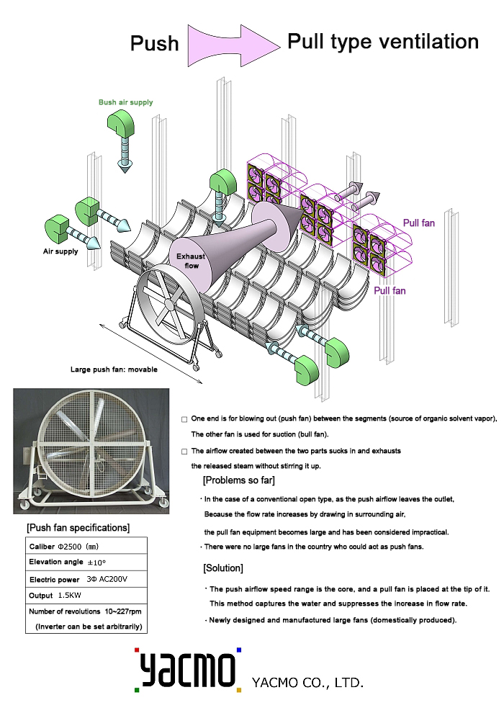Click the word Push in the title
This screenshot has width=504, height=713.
154,44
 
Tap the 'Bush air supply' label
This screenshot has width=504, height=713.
126,102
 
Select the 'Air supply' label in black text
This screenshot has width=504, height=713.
59,253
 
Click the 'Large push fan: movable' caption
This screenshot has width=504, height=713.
114,369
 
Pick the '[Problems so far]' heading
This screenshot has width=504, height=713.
238,480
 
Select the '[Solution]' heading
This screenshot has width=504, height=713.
223,568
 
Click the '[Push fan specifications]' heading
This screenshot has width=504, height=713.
78,528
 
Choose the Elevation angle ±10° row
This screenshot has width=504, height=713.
68,562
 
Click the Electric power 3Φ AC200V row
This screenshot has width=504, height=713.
78,579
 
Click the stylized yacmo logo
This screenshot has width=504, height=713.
187,671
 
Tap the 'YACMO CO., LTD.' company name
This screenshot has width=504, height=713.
307,681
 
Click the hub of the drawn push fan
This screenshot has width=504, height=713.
168,304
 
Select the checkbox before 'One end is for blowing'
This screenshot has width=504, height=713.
185,418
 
